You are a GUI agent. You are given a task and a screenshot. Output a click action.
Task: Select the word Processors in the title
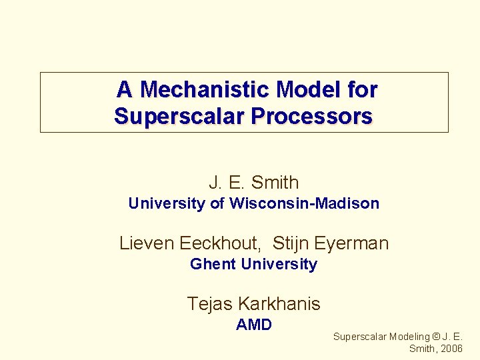click(x=311, y=117)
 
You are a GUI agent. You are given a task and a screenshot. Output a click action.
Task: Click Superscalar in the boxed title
click(x=179, y=117)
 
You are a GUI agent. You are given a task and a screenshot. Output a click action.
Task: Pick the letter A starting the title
click(x=124, y=89)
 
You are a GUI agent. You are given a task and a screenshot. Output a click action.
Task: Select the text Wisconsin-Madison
click(x=304, y=203)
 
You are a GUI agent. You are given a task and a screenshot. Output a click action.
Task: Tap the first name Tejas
click(x=209, y=304)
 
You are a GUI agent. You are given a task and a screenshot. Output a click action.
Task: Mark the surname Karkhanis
click(x=279, y=304)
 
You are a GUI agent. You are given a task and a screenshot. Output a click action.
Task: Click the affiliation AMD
click(x=254, y=325)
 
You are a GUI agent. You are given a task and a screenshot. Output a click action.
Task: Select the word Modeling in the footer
click(x=409, y=337)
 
